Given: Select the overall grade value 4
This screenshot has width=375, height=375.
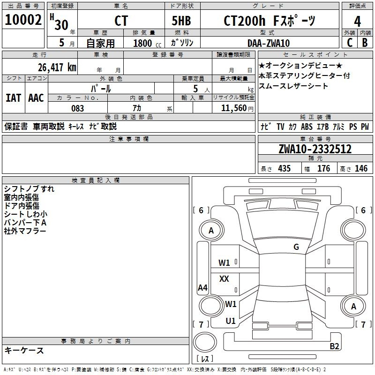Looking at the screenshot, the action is [357, 22].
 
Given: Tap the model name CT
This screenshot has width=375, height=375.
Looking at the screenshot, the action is [121, 21].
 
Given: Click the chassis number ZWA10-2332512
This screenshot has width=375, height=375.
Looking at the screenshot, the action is [315, 149].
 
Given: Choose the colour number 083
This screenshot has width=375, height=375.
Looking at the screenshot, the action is [77, 108].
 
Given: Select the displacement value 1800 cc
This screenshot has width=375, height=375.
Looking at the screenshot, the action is [144, 43].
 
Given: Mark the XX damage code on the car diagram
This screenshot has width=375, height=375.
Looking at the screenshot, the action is [224, 279].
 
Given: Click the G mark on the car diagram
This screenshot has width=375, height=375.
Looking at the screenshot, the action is [296, 247].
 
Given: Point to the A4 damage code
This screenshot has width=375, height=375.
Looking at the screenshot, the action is [202, 288].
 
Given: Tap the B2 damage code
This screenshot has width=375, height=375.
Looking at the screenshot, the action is [334, 346].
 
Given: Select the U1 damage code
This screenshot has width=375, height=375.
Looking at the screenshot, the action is [231, 321].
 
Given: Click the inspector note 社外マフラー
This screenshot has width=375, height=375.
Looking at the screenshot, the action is [25, 231].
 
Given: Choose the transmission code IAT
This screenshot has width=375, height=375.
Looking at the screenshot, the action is [13, 98].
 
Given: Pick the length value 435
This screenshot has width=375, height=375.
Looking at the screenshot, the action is [284, 169].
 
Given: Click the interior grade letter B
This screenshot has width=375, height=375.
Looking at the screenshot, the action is [365, 43].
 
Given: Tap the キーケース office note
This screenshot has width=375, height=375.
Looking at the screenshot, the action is [24, 350].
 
